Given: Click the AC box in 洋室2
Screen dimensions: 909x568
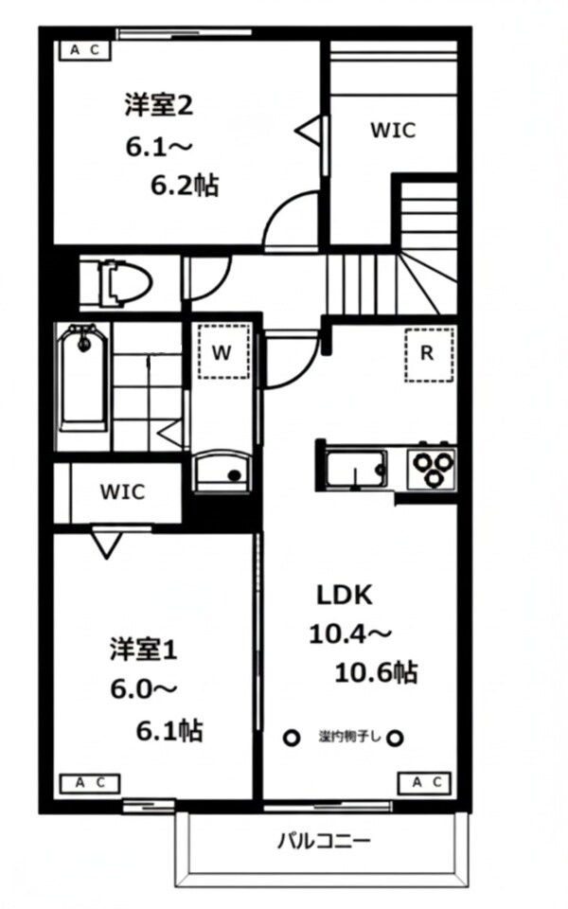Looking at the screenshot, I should point(85,51).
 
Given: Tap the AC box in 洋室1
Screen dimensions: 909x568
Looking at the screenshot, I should point(89,782).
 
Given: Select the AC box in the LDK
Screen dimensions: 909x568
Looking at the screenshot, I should point(428,782).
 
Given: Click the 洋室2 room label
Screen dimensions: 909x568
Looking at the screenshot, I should point(158,106).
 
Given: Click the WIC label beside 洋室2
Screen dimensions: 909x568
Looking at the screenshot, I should point(392,131).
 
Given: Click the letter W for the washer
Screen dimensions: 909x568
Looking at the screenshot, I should point(222,353).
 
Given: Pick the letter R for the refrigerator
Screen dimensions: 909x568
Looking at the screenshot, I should point(427,354).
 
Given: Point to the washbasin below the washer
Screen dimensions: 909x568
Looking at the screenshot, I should point(222,470).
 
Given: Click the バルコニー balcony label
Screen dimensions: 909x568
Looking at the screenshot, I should point(324,840).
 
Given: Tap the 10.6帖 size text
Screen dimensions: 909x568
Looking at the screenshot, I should point(376,672).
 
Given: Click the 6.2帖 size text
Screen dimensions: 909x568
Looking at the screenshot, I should point(184,185).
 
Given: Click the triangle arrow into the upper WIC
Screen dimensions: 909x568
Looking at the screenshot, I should point(311,130).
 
